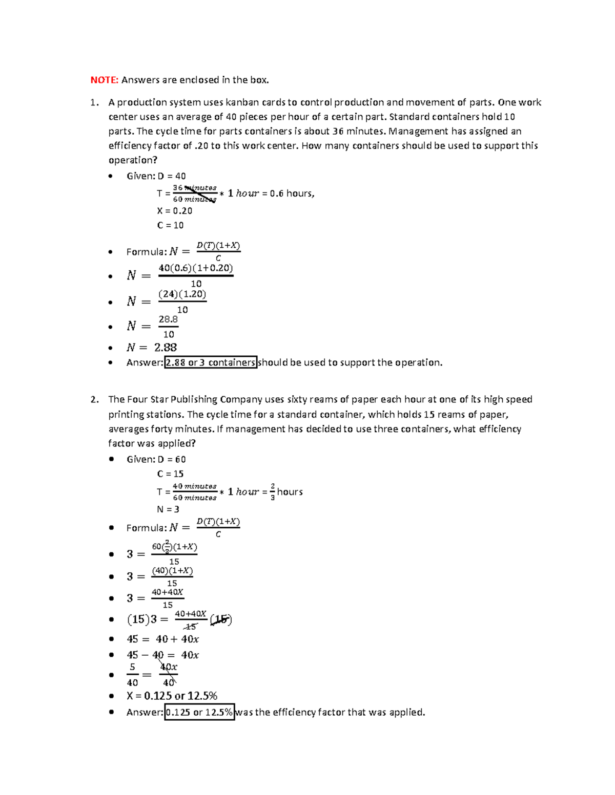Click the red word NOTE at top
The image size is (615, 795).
104,80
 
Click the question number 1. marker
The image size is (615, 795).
94,102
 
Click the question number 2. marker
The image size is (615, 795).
94,399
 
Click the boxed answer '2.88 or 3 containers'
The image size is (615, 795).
211,362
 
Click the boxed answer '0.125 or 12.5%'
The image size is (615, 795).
199,712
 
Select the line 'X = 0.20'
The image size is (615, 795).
174,211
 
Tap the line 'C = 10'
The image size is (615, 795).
170,225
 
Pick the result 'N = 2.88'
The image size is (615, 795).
152,348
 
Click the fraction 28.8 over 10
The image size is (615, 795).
168,327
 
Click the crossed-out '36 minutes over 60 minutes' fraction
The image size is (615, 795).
195,194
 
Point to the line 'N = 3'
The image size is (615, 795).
168,509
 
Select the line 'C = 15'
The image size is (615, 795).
170,474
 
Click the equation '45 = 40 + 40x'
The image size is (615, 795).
162,639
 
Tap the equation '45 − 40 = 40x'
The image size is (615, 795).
162,655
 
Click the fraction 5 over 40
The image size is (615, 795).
132,675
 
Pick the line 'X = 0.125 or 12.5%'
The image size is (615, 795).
172,696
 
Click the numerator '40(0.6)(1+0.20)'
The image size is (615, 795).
196,268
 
